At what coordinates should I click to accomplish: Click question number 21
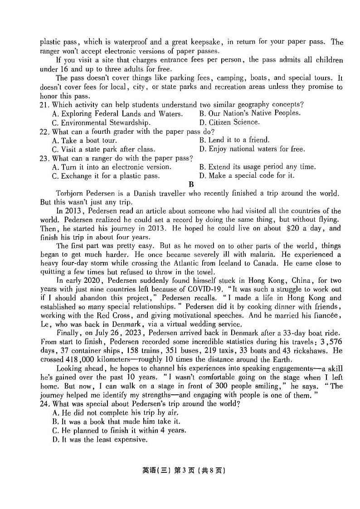[44, 105]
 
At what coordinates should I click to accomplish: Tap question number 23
[44, 158]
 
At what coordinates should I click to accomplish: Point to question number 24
[44, 404]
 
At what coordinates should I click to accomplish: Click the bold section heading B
[191, 184]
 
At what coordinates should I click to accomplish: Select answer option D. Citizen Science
[229, 122]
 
